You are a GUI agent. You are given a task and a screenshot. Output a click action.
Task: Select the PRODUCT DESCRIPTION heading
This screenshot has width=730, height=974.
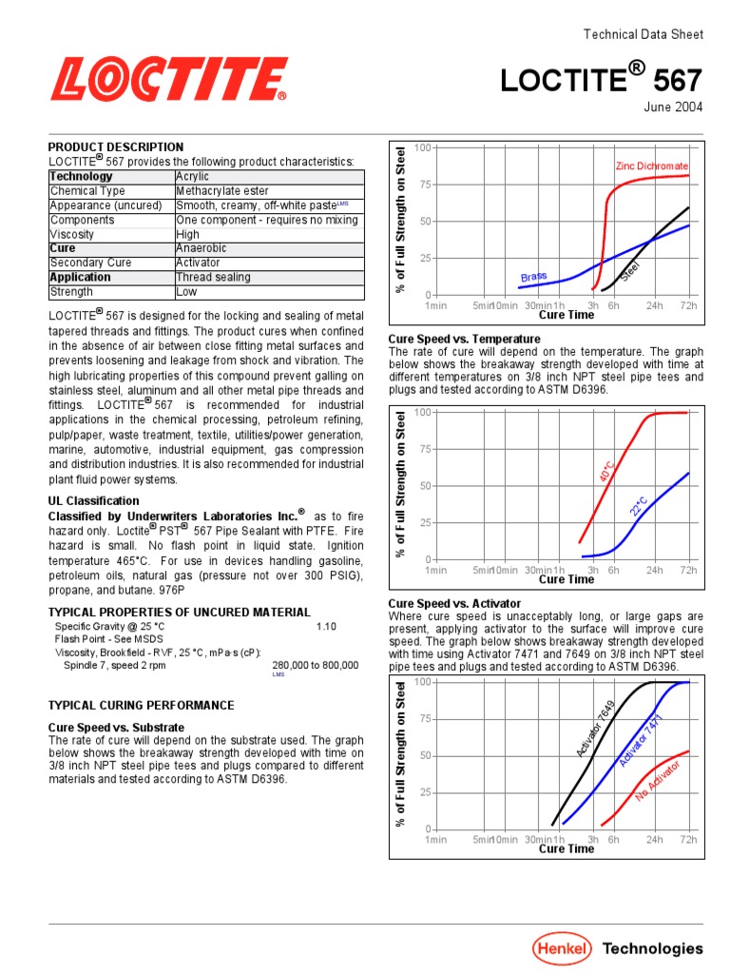coord(116,147)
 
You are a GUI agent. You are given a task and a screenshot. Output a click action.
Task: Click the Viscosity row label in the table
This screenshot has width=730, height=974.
coord(72,234)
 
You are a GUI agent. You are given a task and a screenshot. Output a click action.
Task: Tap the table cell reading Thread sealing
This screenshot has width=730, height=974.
coord(214,278)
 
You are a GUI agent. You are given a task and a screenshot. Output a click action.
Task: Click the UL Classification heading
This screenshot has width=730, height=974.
coord(93,501)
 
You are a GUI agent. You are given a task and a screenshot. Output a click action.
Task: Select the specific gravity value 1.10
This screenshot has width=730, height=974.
coord(326,628)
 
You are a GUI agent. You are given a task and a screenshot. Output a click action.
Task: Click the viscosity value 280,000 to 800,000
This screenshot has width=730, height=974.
coord(316,666)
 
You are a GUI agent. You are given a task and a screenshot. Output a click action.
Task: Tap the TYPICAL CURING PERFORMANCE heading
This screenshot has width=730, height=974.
coord(141,706)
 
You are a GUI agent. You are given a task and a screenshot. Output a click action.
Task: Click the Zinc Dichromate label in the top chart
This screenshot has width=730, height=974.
coord(652,166)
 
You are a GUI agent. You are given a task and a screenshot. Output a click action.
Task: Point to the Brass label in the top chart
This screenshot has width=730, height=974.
coord(533,277)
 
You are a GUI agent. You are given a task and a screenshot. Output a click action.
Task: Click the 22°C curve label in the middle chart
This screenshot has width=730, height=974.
coord(640,506)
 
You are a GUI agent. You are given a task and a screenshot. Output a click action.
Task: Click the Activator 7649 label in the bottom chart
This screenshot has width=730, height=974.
coord(596,730)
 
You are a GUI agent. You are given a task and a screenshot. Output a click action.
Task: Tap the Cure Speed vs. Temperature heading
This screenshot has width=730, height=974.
coord(465,340)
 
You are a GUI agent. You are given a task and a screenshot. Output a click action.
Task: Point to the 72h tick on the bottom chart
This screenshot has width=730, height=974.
coord(688,840)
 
